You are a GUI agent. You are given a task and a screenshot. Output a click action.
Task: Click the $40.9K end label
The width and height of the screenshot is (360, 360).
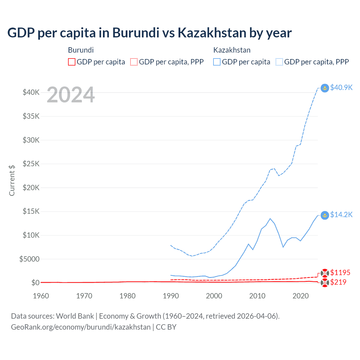pyautogui.click(x=341, y=87)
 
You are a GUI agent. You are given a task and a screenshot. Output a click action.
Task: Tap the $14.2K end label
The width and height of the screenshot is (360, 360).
pyautogui.click(x=341, y=215)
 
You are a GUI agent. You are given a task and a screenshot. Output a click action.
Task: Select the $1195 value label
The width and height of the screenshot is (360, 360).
pyautogui.click(x=340, y=273)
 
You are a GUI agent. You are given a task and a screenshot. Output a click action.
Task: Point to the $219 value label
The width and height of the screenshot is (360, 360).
pyautogui.click(x=338, y=282)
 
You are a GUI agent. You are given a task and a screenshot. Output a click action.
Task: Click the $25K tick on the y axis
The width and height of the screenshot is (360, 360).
pyautogui.click(x=31, y=164)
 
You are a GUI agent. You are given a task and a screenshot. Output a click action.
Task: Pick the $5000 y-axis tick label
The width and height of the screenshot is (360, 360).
pyautogui.click(x=29, y=259)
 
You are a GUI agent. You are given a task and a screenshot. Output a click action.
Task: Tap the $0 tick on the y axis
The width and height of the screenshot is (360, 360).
pyautogui.click(x=35, y=283)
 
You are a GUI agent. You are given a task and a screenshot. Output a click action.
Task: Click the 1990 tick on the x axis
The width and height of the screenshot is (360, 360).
pyautogui.click(x=171, y=296)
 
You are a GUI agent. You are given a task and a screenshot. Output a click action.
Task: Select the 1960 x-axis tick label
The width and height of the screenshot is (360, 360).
pyautogui.click(x=41, y=296)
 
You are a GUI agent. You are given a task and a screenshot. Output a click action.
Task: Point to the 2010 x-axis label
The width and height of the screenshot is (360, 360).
pyautogui.click(x=257, y=296)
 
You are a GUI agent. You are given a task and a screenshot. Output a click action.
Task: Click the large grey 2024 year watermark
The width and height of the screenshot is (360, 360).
pyautogui.click(x=71, y=95)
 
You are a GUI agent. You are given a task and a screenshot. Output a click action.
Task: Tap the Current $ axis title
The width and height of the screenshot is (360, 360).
pyautogui.click(x=12, y=180)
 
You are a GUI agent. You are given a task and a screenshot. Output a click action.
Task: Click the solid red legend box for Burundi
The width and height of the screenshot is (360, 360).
pyautogui.click(x=72, y=62)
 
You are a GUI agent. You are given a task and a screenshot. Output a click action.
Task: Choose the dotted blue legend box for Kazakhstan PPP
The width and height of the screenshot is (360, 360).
pyautogui.click(x=279, y=62)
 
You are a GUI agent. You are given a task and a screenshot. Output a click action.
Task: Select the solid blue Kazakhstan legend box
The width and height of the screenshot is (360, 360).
pyautogui.click(x=217, y=62)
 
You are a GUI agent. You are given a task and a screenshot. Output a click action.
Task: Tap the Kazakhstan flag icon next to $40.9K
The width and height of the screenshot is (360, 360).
pyautogui.click(x=325, y=88)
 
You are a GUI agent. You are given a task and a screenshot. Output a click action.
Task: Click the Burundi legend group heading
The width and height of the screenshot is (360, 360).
pyautogui.click(x=81, y=50)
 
